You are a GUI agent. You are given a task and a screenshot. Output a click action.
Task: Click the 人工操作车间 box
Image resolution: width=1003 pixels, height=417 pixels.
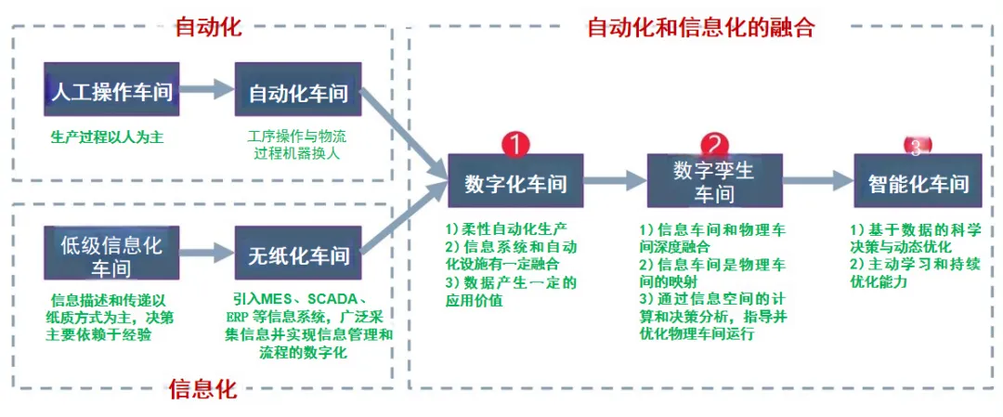point(111,91)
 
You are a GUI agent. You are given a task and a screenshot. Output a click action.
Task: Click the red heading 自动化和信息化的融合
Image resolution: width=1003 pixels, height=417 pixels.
point(701,27)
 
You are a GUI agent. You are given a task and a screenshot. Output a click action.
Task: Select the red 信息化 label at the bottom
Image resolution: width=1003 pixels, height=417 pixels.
point(203,388)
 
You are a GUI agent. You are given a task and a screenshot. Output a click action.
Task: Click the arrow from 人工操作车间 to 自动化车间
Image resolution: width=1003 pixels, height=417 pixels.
point(206,90)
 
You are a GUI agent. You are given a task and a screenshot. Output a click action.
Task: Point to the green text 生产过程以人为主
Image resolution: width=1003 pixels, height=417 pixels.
point(107,137)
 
